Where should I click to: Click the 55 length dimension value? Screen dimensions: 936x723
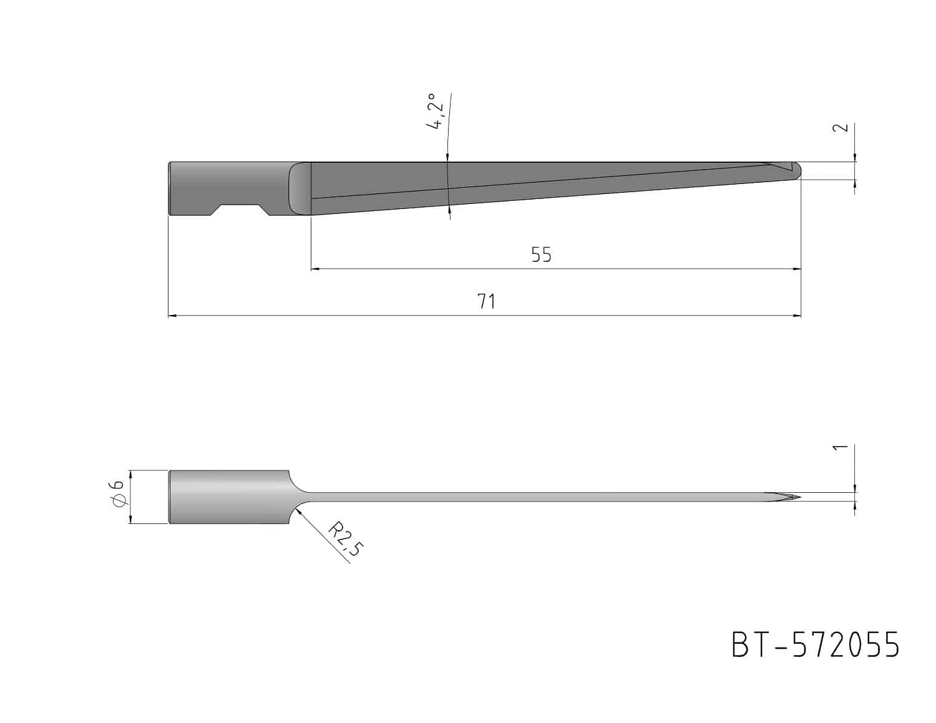541,255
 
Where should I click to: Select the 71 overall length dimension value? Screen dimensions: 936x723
486,302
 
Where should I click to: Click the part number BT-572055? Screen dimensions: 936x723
816,644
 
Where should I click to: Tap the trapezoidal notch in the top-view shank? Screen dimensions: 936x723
240,210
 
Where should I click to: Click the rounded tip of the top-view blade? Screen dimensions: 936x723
797,171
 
